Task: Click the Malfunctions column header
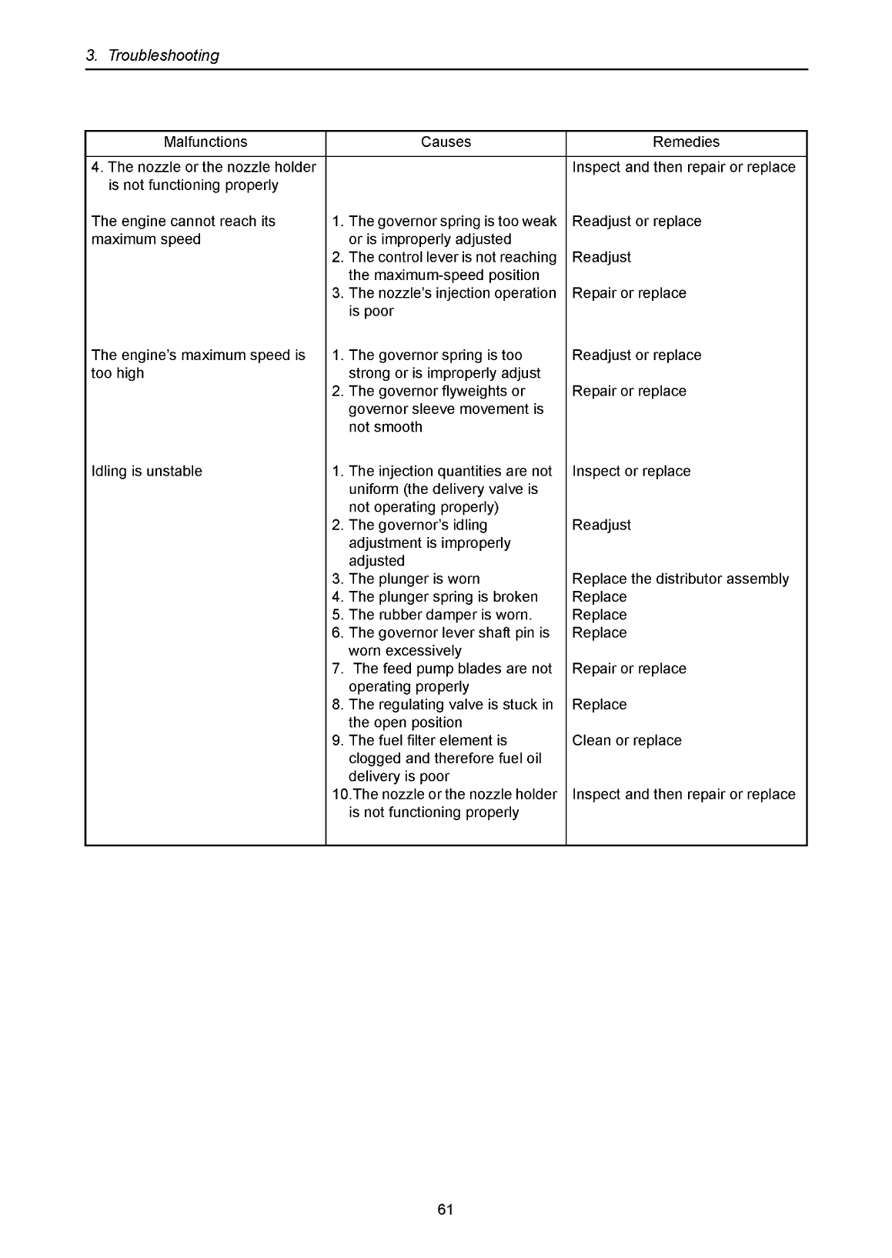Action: (205, 142)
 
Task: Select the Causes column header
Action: (446, 142)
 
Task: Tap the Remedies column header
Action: (686, 142)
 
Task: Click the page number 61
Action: (446, 1210)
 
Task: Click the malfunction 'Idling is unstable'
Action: (147, 472)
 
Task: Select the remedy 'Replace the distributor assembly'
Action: (680, 579)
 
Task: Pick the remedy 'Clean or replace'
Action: (626, 741)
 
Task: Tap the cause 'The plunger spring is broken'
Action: (435, 597)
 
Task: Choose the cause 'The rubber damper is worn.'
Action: (432, 615)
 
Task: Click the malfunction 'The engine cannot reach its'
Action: (183, 222)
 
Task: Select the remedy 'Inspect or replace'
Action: (631, 472)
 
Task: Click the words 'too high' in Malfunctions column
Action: (118, 374)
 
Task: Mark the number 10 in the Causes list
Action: (339, 795)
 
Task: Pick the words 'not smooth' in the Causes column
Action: (386, 428)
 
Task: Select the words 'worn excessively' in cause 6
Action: (405, 651)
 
